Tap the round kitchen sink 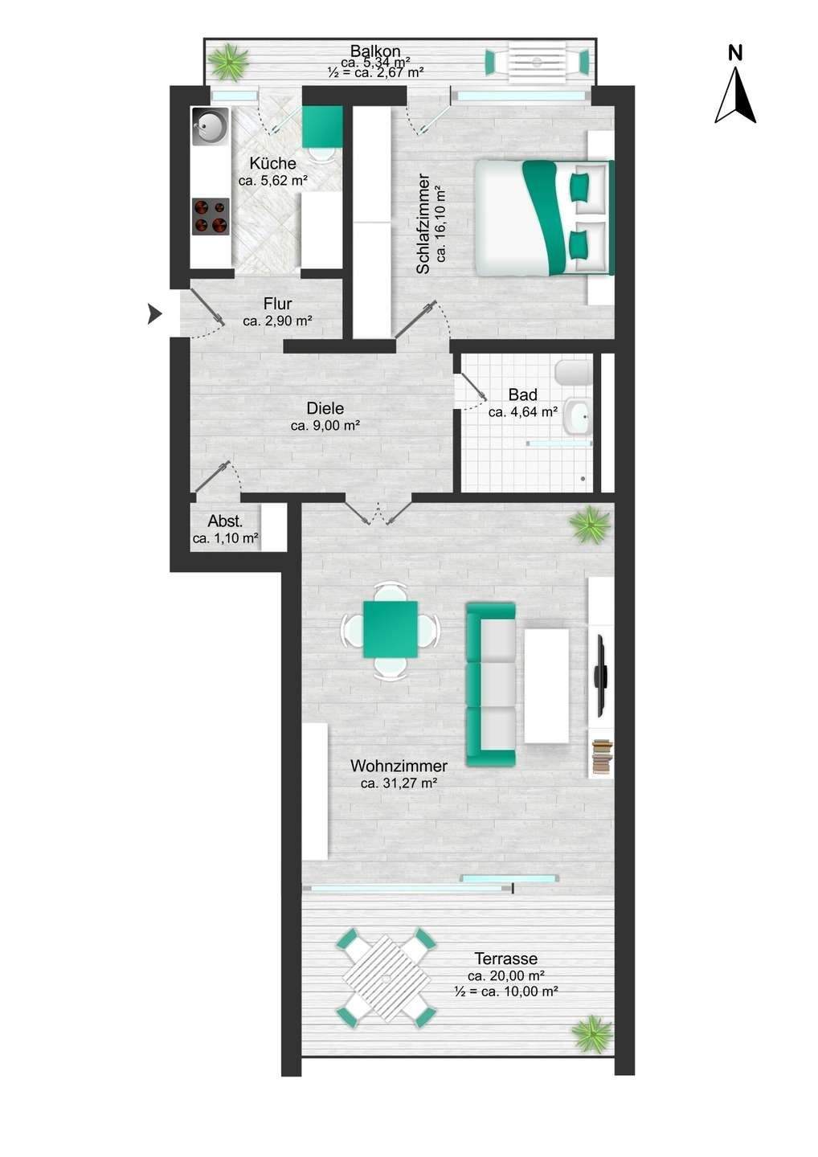click(x=211, y=126)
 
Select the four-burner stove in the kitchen click(x=211, y=216)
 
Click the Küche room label click(x=272, y=164)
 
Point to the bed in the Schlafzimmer click(x=545, y=218)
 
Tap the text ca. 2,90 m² click(x=277, y=321)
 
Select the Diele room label click(x=325, y=408)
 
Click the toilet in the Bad click(x=573, y=373)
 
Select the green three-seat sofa click(x=491, y=684)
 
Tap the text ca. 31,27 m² click(x=399, y=783)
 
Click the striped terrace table click(x=387, y=978)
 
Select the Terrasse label click(x=505, y=959)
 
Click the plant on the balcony click(x=227, y=62)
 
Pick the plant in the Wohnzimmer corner click(x=590, y=524)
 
